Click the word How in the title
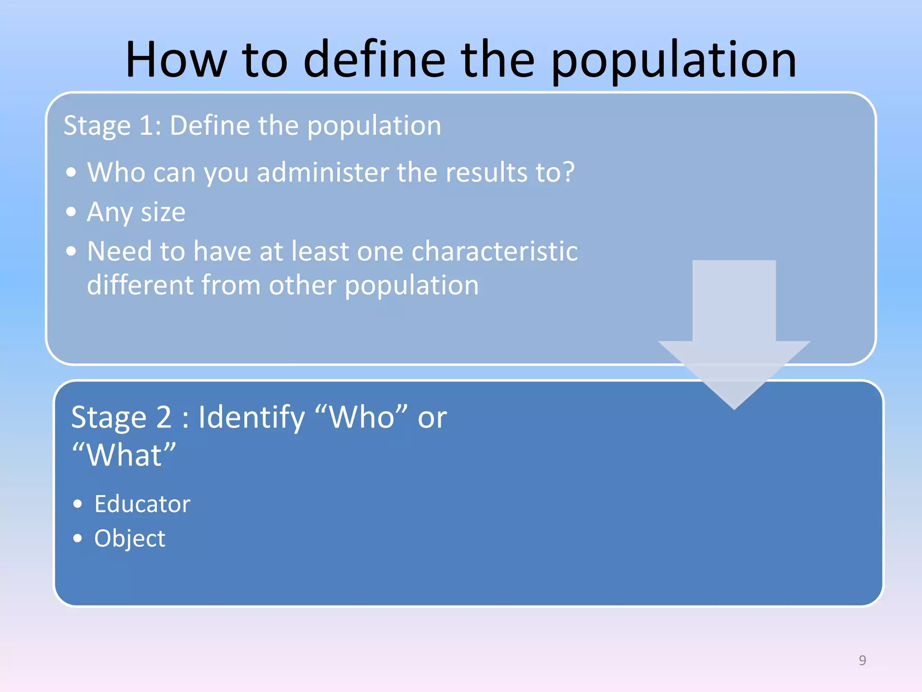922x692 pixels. point(176,60)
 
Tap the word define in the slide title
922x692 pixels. point(374,60)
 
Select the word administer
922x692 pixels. point(323,173)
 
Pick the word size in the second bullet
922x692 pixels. point(163,212)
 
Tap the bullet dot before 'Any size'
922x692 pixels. point(71,212)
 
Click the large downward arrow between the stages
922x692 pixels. point(734,333)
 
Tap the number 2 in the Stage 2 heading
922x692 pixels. point(164,417)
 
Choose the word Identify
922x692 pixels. point(251,418)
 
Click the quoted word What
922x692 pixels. point(124,455)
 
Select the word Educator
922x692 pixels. point(142,504)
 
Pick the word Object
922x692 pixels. point(130,538)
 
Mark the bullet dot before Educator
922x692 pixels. point(78,504)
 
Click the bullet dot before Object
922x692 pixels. point(78,538)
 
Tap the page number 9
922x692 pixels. point(862,660)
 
